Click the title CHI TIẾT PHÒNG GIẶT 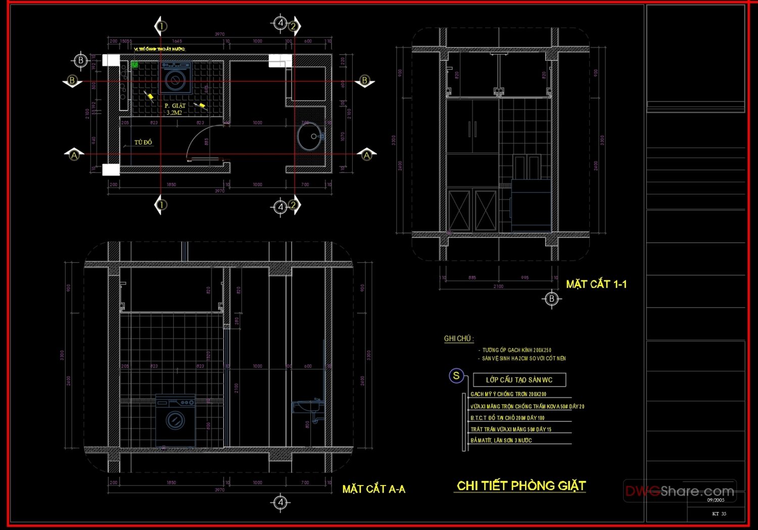point(520,486)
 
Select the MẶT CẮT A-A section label point(373,489)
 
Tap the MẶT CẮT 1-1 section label point(596,284)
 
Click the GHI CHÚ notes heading point(458,339)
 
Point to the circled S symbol point(456,376)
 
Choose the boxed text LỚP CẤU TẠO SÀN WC point(519,380)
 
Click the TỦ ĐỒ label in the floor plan point(143,142)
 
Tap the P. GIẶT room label point(175,106)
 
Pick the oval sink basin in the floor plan point(309,136)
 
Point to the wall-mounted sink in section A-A point(306,407)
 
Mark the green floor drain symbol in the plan point(135,65)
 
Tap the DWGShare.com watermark point(680,491)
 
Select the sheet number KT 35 point(719,514)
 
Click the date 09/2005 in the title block point(716,500)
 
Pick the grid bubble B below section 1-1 point(551,299)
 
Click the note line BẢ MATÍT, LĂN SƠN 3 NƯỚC point(501,441)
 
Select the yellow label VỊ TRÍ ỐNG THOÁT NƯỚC point(159,49)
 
